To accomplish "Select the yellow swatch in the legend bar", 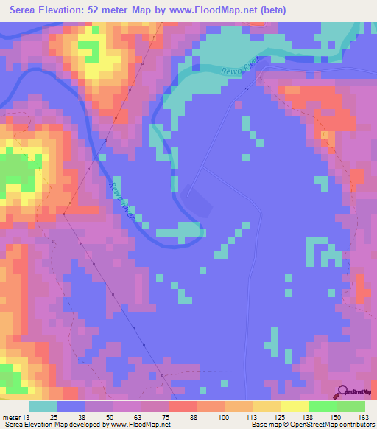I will [295, 406].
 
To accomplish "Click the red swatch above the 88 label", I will [183, 406].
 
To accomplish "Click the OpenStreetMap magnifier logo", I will [344, 392].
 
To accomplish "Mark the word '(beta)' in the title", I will [268, 10].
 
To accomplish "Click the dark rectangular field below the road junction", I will [200, 199].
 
